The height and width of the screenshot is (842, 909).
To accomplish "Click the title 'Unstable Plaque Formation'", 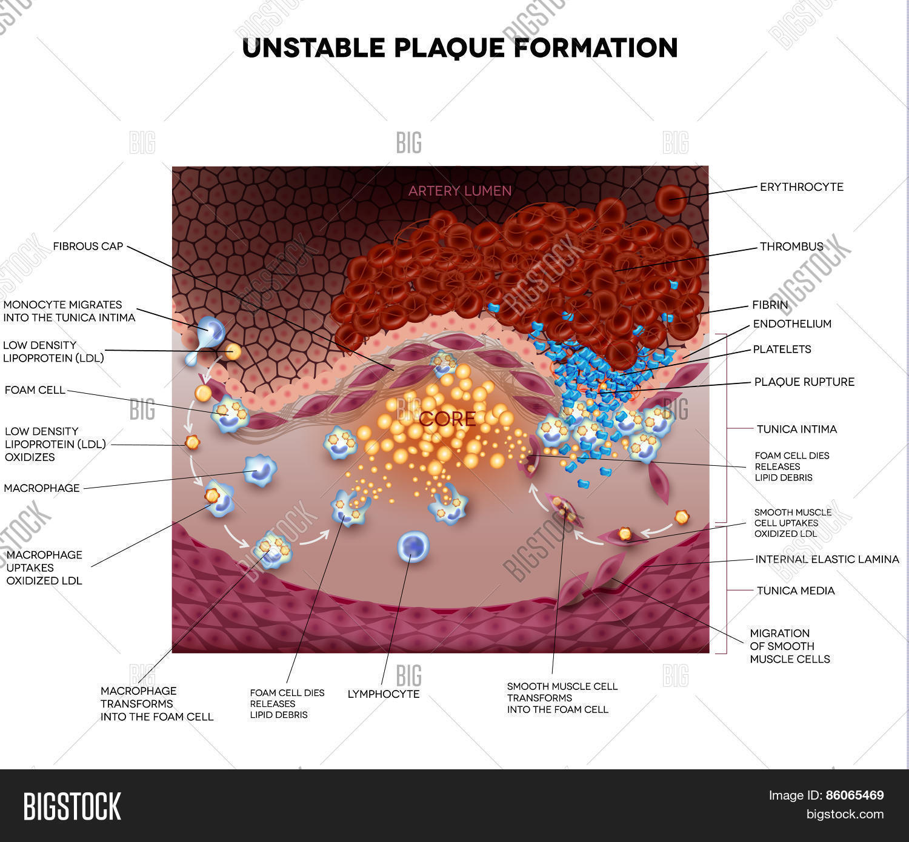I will click(459, 48).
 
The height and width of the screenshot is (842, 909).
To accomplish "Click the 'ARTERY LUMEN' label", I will click(459, 191).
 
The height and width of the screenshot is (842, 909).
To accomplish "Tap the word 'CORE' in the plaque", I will click(447, 419).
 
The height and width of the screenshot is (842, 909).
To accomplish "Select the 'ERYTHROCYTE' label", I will click(801, 187).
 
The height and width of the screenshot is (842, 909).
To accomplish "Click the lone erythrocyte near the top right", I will click(671, 200).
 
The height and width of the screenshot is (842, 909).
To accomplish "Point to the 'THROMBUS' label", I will click(791, 247).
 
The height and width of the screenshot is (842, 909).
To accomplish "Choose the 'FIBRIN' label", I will click(770, 305).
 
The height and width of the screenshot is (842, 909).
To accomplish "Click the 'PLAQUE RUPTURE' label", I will click(804, 382).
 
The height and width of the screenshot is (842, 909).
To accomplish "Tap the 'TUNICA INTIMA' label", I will click(796, 429).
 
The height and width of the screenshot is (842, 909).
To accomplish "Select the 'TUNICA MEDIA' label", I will click(795, 591).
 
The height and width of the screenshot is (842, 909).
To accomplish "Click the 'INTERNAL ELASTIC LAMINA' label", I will click(827, 559).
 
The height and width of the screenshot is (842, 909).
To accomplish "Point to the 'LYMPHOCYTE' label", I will click(383, 694).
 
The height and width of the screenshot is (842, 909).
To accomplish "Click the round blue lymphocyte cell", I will click(413, 546).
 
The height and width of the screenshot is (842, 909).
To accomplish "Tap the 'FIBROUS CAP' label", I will click(88, 246).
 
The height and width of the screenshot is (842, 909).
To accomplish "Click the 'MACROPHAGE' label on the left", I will click(42, 488).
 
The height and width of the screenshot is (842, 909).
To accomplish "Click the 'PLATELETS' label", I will click(782, 349).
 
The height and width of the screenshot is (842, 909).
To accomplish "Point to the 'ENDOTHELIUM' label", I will click(792, 323).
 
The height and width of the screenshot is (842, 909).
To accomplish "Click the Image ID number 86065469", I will click(854, 795).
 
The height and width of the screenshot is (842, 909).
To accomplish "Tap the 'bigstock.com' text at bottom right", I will click(845, 814).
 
